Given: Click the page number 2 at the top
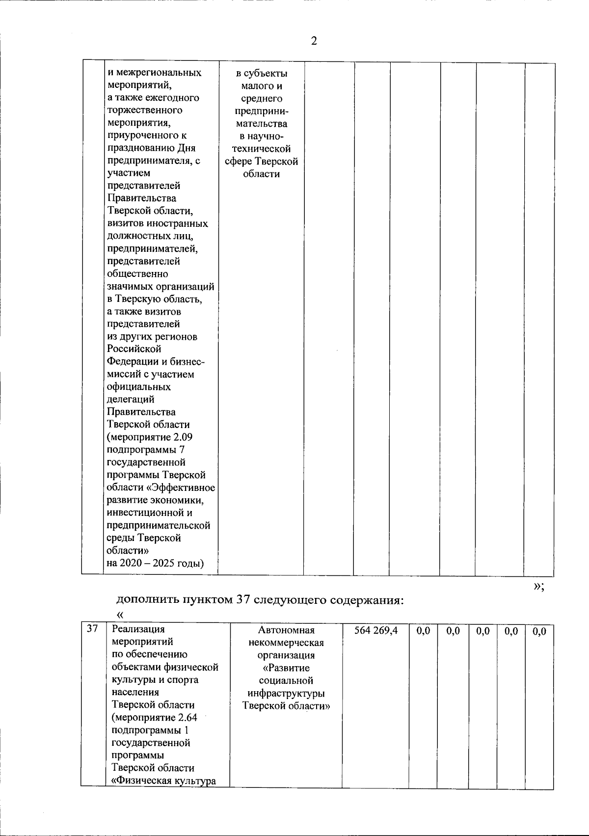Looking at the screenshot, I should [x=314, y=41].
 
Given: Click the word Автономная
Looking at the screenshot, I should [x=286, y=630].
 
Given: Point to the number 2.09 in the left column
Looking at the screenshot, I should [x=176, y=437].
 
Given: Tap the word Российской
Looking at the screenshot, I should [x=134, y=349].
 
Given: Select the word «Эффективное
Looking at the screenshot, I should [x=183, y=487].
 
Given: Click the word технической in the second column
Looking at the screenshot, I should [x=261, y=149].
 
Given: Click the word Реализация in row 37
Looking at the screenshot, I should [x=138, y=629].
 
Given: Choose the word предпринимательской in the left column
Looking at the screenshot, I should [x=159, y=525].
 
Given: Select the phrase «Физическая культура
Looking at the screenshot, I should [x=164, y=781].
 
